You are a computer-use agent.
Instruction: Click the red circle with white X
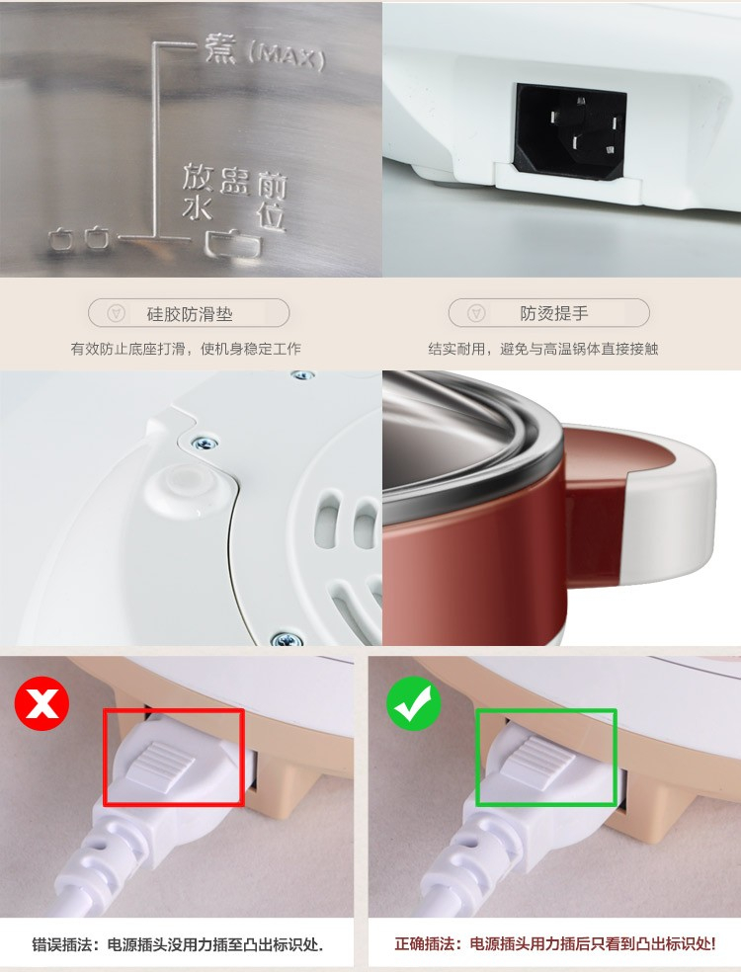coord(41,703)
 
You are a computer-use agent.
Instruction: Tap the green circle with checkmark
coord(414,703)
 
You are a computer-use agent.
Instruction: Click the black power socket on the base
coord(570,130)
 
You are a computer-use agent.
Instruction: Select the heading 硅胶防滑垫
coord(190,314)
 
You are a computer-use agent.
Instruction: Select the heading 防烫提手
coord(553,313)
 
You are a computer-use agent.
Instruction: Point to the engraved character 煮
coord(221,48)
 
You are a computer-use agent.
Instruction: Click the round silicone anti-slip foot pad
coord(183,482)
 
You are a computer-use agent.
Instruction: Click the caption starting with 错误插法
coord(177,944)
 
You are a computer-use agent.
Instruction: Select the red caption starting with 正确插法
coord(555,944)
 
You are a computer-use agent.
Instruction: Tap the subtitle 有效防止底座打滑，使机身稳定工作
coord(186,349)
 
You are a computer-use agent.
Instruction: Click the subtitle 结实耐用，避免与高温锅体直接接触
coord(543,349)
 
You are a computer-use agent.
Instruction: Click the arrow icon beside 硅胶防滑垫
coord(116,313)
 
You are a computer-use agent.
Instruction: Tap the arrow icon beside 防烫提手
coord(475,313)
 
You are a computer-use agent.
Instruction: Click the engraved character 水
coord(197,208)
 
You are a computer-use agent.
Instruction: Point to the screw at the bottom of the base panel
coord(287,639)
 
